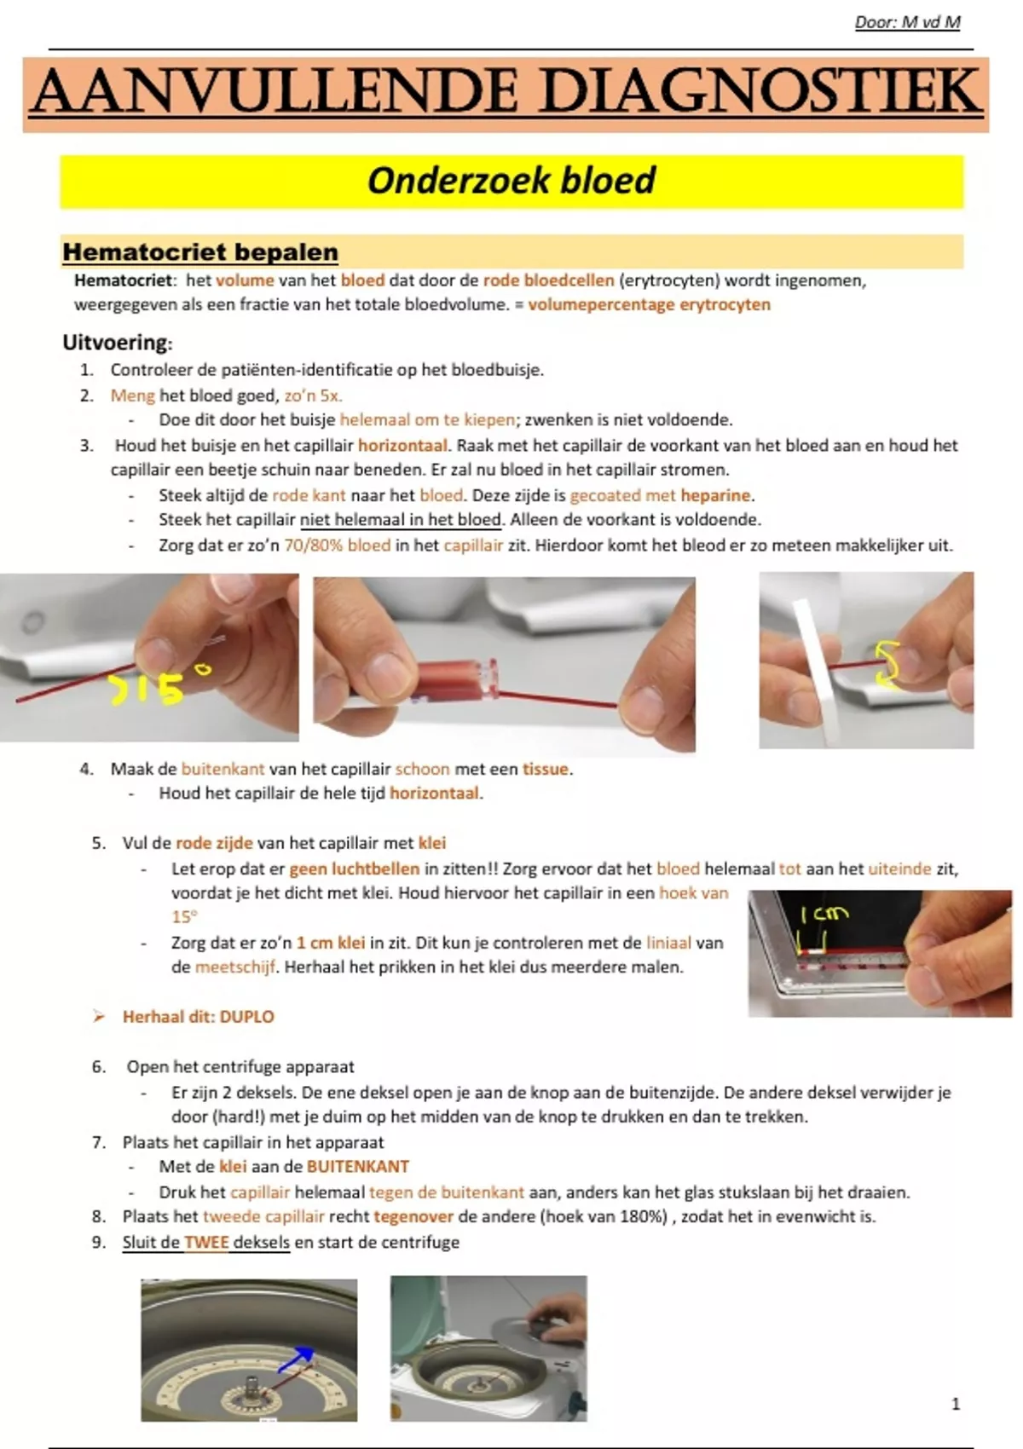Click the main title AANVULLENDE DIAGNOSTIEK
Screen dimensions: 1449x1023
coord(506,93)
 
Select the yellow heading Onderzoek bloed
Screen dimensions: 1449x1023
coord(511,181)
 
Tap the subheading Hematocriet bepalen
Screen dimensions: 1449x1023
coord(200,252)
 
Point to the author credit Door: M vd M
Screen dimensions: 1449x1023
coord(907,23)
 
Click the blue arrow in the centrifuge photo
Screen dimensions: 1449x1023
coord(293,1358)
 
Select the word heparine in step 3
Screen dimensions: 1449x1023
coord(716,495)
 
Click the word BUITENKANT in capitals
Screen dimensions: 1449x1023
coord(358,1166)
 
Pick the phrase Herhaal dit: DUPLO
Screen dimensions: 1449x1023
coord(198,1016)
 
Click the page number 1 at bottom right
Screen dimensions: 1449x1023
coord(956,1404)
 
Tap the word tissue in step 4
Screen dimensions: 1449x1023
coord(546,769)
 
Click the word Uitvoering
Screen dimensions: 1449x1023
coord(116,343)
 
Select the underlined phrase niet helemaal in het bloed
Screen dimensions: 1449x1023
coord(401,520)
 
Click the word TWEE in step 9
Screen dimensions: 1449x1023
coord(206,1242)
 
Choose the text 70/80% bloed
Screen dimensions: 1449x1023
coord(338,546)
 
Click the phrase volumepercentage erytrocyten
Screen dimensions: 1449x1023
coord(649,305)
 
